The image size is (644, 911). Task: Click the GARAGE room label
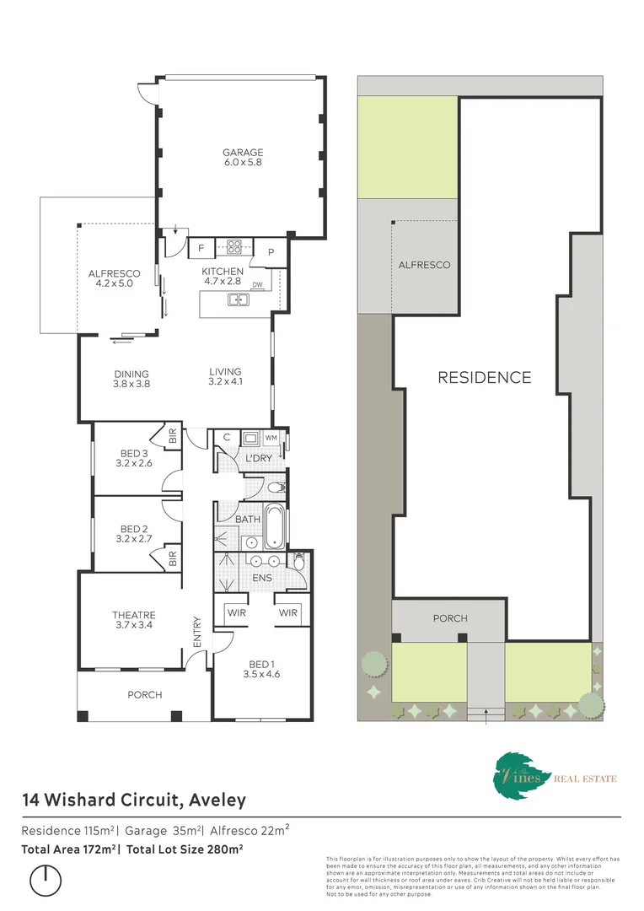tap(242, 153)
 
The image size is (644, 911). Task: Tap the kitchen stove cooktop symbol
tap(233, 248)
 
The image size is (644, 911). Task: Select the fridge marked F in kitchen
tap(201, 248)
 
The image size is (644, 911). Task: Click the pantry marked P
tap(271, 252)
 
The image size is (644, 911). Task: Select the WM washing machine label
tap(271, 438)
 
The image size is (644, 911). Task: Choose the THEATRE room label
tap(134, 615)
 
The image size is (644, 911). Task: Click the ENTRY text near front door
tap(196, 632)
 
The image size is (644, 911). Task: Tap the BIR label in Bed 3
tap(172, 437)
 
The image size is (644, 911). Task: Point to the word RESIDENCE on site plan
tap(484, 378)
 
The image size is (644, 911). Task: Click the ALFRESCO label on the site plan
tap(424, 265)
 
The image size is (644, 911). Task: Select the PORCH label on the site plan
tap(450, 618)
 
